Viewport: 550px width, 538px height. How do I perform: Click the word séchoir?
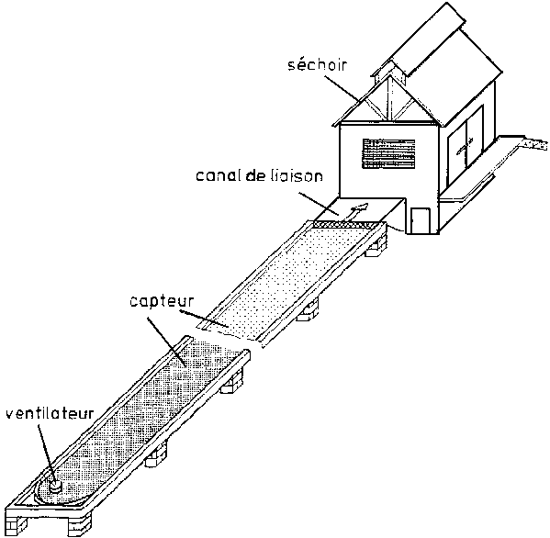(318, 65)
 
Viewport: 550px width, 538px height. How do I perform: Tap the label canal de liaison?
(259, 175)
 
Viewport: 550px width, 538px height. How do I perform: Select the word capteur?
(162, 302)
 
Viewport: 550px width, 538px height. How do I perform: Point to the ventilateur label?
(51, 413)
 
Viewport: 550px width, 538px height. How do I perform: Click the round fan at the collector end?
(55, 487)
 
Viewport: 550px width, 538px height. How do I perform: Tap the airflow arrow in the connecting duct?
(356, 211)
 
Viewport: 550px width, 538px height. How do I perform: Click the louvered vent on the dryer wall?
(388, 153)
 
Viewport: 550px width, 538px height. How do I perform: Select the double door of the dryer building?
(466, 147)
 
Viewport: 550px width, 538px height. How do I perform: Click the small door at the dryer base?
(421, 220)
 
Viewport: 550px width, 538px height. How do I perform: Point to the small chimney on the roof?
(390, 72)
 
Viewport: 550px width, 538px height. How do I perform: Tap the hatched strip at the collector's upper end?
(345, 224)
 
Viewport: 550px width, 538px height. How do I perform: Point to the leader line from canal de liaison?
(319, 203)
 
